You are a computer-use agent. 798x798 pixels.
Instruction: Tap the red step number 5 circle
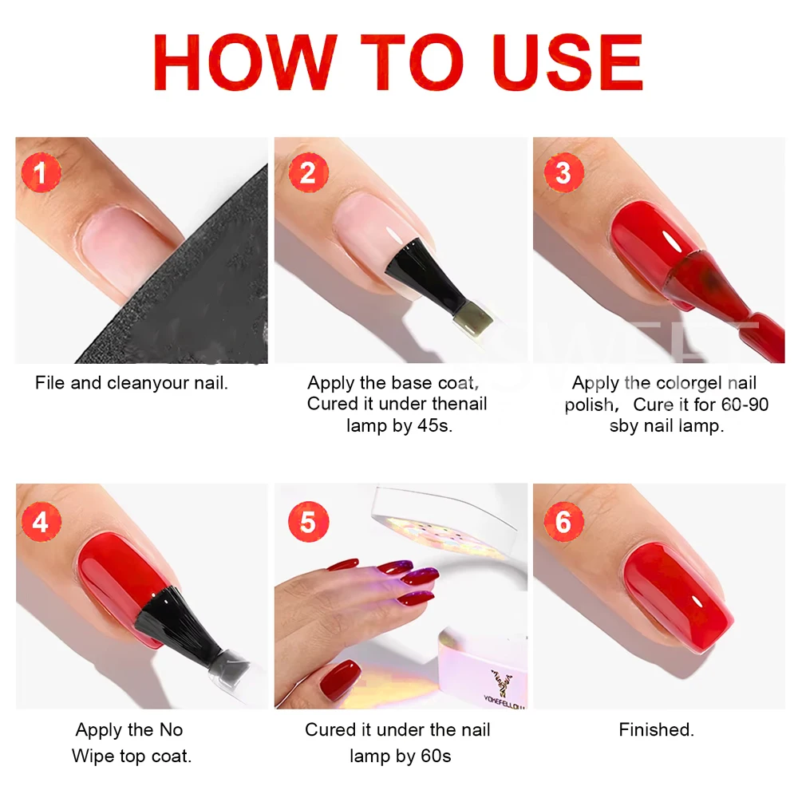point(308,523)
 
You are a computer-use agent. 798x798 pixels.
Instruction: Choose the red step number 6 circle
point(563,523)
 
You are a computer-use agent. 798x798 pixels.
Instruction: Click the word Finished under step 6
point(656,729)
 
